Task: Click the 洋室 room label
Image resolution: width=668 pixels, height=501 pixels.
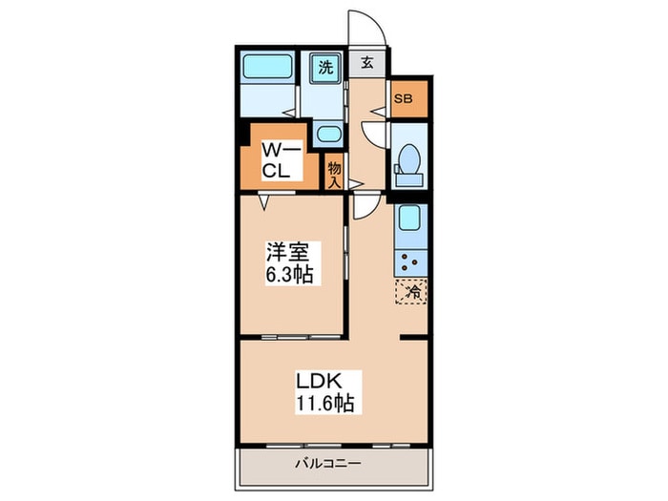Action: coord(286,253)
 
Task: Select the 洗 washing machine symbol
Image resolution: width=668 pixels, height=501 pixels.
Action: coord(325,68)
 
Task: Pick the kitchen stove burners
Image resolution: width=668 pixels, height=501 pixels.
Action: coord(412,261)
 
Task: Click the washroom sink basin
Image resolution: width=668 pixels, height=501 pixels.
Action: coord(327,135)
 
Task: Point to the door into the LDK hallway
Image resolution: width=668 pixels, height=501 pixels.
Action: coord(364,205)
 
